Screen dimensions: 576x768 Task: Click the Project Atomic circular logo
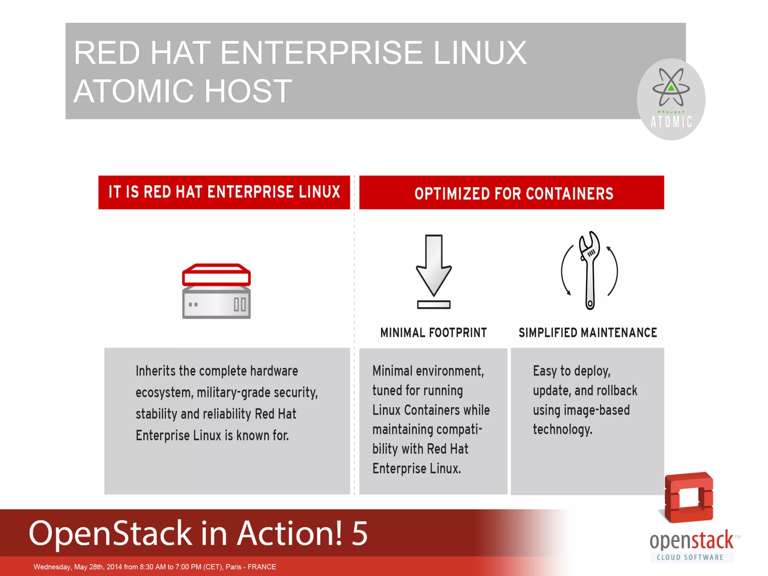671,99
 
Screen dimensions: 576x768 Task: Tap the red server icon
216,291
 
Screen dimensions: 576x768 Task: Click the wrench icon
589,270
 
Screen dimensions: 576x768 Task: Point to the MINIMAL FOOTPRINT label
433,333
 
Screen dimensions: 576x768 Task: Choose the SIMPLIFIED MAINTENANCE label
588,333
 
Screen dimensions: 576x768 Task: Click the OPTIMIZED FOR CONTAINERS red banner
511,193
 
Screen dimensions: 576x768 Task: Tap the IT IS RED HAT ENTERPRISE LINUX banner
224,192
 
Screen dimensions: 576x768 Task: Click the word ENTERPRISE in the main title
322,53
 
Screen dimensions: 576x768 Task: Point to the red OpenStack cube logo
689,497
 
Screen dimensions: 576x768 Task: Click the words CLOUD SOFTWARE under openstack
690,557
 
